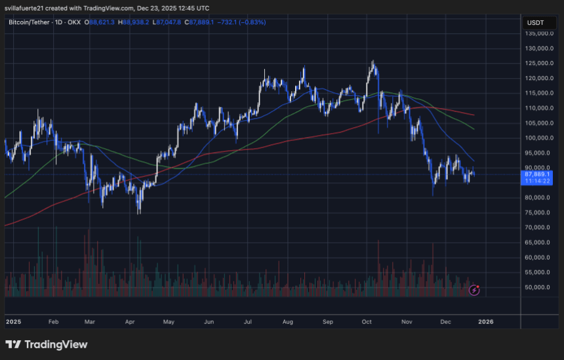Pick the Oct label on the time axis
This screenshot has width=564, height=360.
click(367, 323)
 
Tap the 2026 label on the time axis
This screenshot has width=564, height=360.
click(486, 323)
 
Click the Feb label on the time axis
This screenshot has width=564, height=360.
click(54, 323)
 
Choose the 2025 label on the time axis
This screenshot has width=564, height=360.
click(13, 323)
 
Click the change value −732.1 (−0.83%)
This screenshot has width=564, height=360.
click(243, 22)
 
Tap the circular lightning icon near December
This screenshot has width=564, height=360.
click(474, 289)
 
